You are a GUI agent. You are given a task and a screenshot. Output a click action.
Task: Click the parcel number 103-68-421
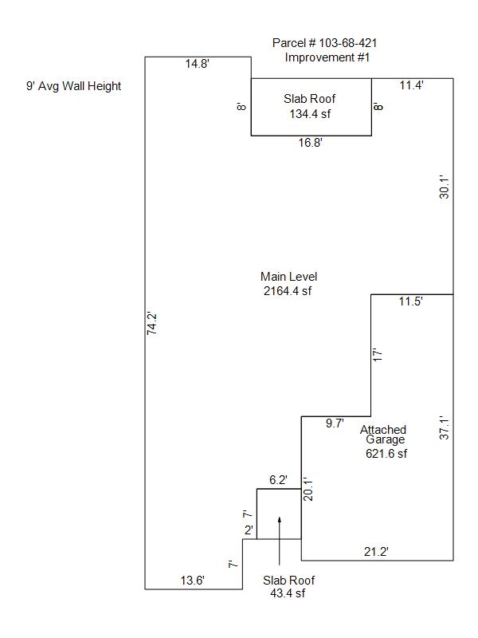(x=348, y=43)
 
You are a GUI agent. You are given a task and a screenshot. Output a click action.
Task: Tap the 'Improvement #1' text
(x=327, y=57)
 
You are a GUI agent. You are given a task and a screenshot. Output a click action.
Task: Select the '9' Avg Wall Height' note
(x=74, y=86)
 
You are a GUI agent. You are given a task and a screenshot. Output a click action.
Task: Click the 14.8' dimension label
(x=198, y=64)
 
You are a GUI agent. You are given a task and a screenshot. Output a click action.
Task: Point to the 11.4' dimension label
(x=411, y=85)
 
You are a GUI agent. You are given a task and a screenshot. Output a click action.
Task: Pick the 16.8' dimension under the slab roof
(x=311, y=143)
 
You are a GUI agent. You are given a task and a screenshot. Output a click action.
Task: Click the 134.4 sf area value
(x=310, y=114)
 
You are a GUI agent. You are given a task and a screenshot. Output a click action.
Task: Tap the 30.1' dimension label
(x=445, y=187)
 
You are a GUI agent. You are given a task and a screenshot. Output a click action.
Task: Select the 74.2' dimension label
(x=151, y=324)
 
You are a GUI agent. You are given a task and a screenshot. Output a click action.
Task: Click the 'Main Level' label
(x=288, y=277)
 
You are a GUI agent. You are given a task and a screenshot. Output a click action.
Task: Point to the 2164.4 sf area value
(x=288, y=291)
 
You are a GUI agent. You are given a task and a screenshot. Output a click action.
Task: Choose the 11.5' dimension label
(x=410, y=301)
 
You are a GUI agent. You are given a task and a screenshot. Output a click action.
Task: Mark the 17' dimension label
(x=378, y=355)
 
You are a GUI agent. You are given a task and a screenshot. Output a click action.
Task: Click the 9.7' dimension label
(x=335, y=423)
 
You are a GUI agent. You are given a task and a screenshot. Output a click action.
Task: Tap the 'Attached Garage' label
(x=383, y=435)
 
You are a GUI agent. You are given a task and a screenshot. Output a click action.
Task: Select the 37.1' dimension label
(x=445, y=427)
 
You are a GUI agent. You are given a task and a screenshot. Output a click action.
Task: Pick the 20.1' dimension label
(x=308, y=489)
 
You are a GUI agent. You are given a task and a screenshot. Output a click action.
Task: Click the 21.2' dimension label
(x=376, y=552)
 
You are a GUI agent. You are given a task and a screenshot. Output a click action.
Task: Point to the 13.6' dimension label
(x=192, y=581)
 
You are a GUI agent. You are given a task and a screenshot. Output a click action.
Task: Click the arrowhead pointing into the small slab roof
(x=280, y=520)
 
